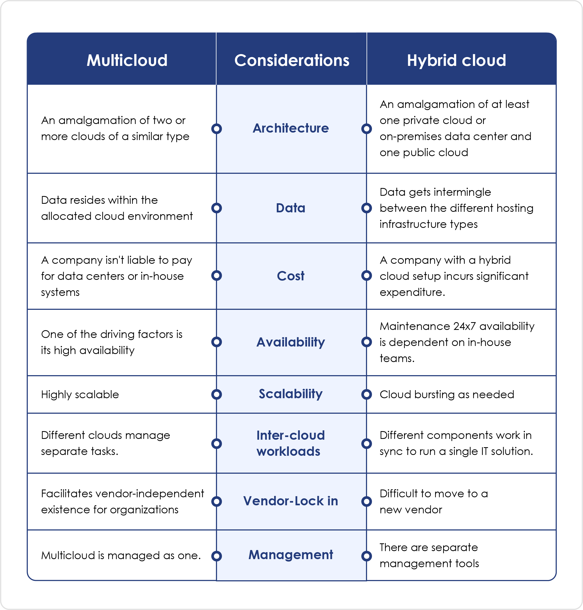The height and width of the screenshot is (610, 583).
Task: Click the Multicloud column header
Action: pyautogui.click(x=127, y=60)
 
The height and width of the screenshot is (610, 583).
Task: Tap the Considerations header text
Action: pyautogui.click(x=291, y=60)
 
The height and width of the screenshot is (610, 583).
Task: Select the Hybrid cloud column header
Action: pyautogui.click(x=456, y=61)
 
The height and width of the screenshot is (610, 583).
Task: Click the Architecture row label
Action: pyautogui.click(x=291, y=128)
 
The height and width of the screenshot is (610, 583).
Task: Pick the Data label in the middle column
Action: pyautogui.click(x=291, y=208)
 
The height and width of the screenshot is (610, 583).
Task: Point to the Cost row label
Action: pyautogui.click(x=291, y=276)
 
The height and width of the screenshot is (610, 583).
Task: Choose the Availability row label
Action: pyautogui.click(x=291, y=342)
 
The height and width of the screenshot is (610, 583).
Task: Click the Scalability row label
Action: pyautogui.click(x=291, y=394)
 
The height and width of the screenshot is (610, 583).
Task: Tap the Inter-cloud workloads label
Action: pyautogui.click(x=291, y=443)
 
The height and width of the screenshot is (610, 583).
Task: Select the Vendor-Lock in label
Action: pyautogui.click(x=291, y=501)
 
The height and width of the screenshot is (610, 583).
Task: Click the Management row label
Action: pyautogui.click(x=291, y=555)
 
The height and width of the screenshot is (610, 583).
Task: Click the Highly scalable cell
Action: pyautogui.click(x=80, y=394)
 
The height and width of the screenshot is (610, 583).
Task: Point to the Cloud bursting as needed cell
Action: pyautogui.click(x=447, y=394)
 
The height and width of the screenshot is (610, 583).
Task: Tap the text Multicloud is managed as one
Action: pyautogui.click(x=121, y=555)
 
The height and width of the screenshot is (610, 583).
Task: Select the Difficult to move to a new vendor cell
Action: pyautogui.click(x=433, y=501)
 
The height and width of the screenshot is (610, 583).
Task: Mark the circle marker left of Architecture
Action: pyautogui.click(x=216, y=129)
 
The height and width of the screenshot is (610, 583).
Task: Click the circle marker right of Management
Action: pyautogui.click(x=367, y=556)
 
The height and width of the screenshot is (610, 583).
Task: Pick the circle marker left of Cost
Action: pyautogui.click(x=216, y=276)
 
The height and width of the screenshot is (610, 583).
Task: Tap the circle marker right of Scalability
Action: pyautogui.click(x=367, y=394)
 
